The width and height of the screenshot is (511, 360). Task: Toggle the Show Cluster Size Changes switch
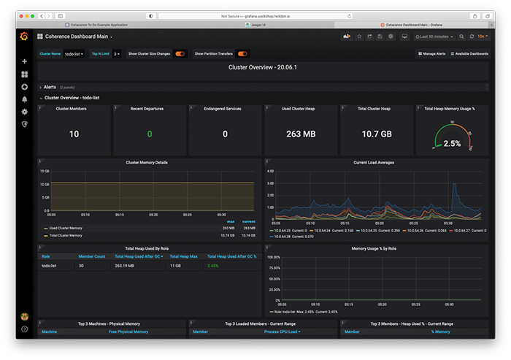[180, 53]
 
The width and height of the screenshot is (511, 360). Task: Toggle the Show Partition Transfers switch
[242, 53]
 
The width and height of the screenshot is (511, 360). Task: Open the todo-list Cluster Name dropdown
[74, 53]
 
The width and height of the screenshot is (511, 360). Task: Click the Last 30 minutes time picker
[435, 36]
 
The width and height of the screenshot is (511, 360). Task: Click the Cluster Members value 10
[74, 134]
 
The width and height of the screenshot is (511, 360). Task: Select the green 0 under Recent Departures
[150, 134]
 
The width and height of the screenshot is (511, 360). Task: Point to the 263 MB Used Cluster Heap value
[300, 134]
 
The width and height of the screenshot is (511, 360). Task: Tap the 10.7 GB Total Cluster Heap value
[376, 134]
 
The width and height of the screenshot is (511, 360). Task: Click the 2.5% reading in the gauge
[452, 144]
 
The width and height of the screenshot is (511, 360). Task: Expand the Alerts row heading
[50, 87]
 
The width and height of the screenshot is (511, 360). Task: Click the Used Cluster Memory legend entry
[66, 228]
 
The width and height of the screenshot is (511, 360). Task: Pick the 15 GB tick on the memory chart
[45, 171]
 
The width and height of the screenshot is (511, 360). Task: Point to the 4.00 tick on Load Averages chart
[269, 171]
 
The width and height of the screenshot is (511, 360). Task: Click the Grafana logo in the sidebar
[24, 36]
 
